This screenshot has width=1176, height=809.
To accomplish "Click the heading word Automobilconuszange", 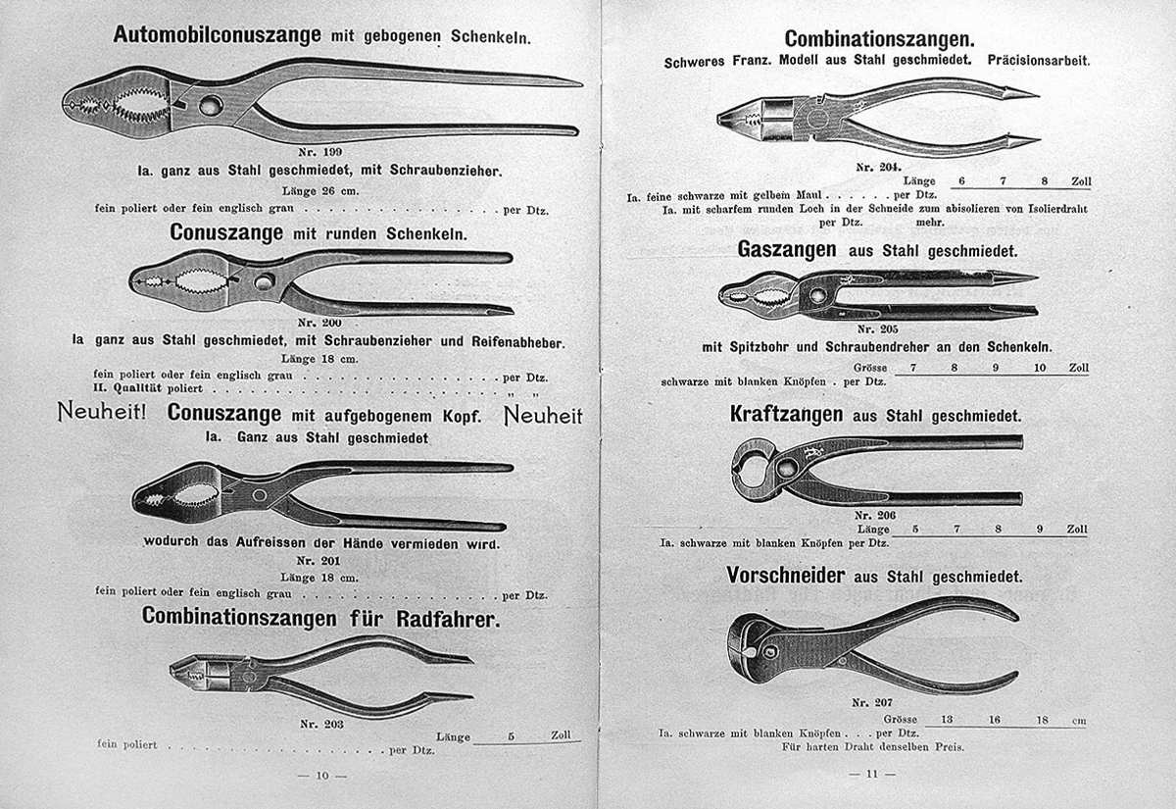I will point(217,35).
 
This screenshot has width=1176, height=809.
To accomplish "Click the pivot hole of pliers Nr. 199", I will point(211,105).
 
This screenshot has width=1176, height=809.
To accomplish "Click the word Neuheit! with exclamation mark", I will point(101,414).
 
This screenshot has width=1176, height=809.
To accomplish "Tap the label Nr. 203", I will point(319,725).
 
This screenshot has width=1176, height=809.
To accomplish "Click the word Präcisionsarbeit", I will point(1039,61).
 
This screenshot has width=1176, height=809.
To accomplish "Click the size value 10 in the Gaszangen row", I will point(1040,368).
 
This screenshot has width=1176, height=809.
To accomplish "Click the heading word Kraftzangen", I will point(787,415).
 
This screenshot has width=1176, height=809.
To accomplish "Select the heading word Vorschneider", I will point(787,575).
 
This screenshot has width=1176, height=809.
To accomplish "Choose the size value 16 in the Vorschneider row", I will point(995,720).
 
